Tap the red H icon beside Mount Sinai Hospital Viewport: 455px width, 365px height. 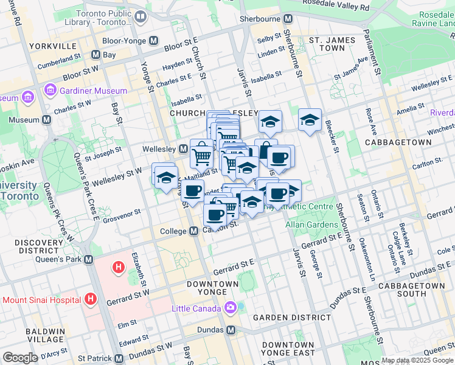click(x=91, y=299)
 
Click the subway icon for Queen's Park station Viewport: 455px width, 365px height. click(x=89, y=259)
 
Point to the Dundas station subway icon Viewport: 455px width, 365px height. click(x=231, y=330)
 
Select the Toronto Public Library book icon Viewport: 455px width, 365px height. click(x=141, y=16)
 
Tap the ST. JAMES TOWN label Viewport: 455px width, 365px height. click(x=332, y=44)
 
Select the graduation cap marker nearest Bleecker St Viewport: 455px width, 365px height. click(x=310, y=120)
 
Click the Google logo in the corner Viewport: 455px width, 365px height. click(x=20, y=357)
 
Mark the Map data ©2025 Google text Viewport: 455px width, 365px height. click(x=417, y=360)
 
